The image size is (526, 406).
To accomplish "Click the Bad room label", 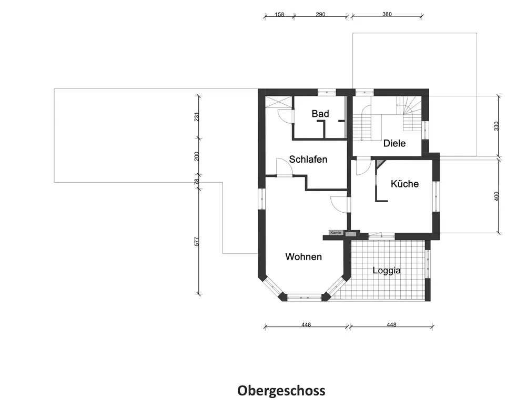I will click(x=320, y=114).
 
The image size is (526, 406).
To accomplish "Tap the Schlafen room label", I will click(x=308, y=159).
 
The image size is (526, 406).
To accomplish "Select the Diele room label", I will click(x=394, y=143).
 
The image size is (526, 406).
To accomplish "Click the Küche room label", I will click(x=404, y=184).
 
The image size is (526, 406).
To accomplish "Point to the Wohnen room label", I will click(x=304, y=257).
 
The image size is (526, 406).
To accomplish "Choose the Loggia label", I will click(x=387, y=271).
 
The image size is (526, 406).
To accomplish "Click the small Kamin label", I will click(x=336, y=233).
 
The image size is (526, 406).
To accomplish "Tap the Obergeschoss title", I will click(x=281, y=391).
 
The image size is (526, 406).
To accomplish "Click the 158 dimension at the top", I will click(x=279, y=15).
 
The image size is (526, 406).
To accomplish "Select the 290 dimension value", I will click(x=320, y=15).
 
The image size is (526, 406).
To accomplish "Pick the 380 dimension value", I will click(x=387, y=15).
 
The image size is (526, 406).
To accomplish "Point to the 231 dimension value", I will click(x=197, y=117).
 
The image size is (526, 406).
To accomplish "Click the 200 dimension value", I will click(x=197, y=156).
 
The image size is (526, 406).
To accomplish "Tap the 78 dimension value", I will click(x=197, y=182).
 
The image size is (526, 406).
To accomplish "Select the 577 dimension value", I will click(x=197, y=241).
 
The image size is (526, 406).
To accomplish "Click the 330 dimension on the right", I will click(x=497, y=126).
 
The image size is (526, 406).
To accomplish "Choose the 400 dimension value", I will click(x=497, y=196).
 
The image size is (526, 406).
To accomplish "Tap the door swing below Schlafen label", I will click(x=284, y=168).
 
